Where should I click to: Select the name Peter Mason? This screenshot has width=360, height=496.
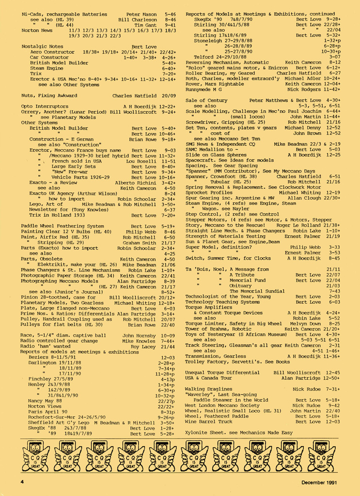(x=142, y=15)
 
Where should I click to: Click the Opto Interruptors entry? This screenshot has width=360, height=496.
(x=45, y=106)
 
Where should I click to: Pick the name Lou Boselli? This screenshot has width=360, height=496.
(x=142, y=161)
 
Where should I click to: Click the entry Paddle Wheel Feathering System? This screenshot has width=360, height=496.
(x=63, y=226)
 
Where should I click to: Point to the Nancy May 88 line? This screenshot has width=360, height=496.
(x=45, y=401)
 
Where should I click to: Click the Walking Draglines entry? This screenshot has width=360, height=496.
(x=208, y=389)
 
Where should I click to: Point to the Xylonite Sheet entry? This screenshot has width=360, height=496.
(x=239, y=432)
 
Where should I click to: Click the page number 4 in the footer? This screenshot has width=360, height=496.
(x=22, y=482)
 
